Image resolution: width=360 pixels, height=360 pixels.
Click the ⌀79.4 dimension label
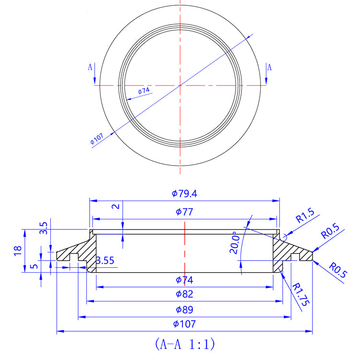(x=184, y=194)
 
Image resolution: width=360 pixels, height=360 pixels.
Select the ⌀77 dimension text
(x=184, y=212)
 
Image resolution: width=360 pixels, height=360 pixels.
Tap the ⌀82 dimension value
(x=184, y=294)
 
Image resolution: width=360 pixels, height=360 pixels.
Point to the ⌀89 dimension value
(x=184, y=309)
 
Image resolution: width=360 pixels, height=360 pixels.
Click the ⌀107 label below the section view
(x=184, y=324)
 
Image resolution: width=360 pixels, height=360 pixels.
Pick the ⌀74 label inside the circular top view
(x=144, y=90)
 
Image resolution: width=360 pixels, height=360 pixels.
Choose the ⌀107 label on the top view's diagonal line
(x=97, y=140)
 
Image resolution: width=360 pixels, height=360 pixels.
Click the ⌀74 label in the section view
(x=184, y=279)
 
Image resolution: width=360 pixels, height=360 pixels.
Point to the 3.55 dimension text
(x=105, y=261)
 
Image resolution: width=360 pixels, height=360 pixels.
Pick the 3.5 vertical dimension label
(x=44, y=228)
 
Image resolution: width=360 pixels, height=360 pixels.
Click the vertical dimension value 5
(x=32, y=265)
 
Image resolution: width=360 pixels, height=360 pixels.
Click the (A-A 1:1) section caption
(x=184, y=344)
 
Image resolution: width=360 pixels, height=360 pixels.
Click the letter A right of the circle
(x=269, y=67)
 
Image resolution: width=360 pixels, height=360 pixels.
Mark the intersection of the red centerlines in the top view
(x=180, y=85)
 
